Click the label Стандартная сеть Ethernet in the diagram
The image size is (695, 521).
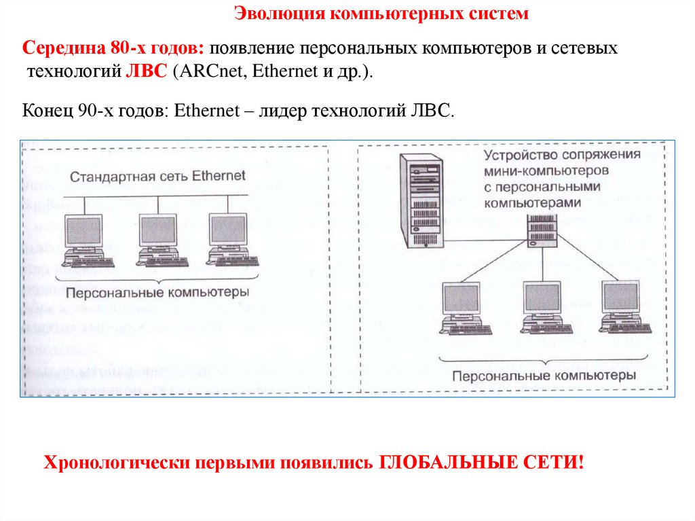click(157, 177)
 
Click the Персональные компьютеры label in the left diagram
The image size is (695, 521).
click(157, 292)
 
